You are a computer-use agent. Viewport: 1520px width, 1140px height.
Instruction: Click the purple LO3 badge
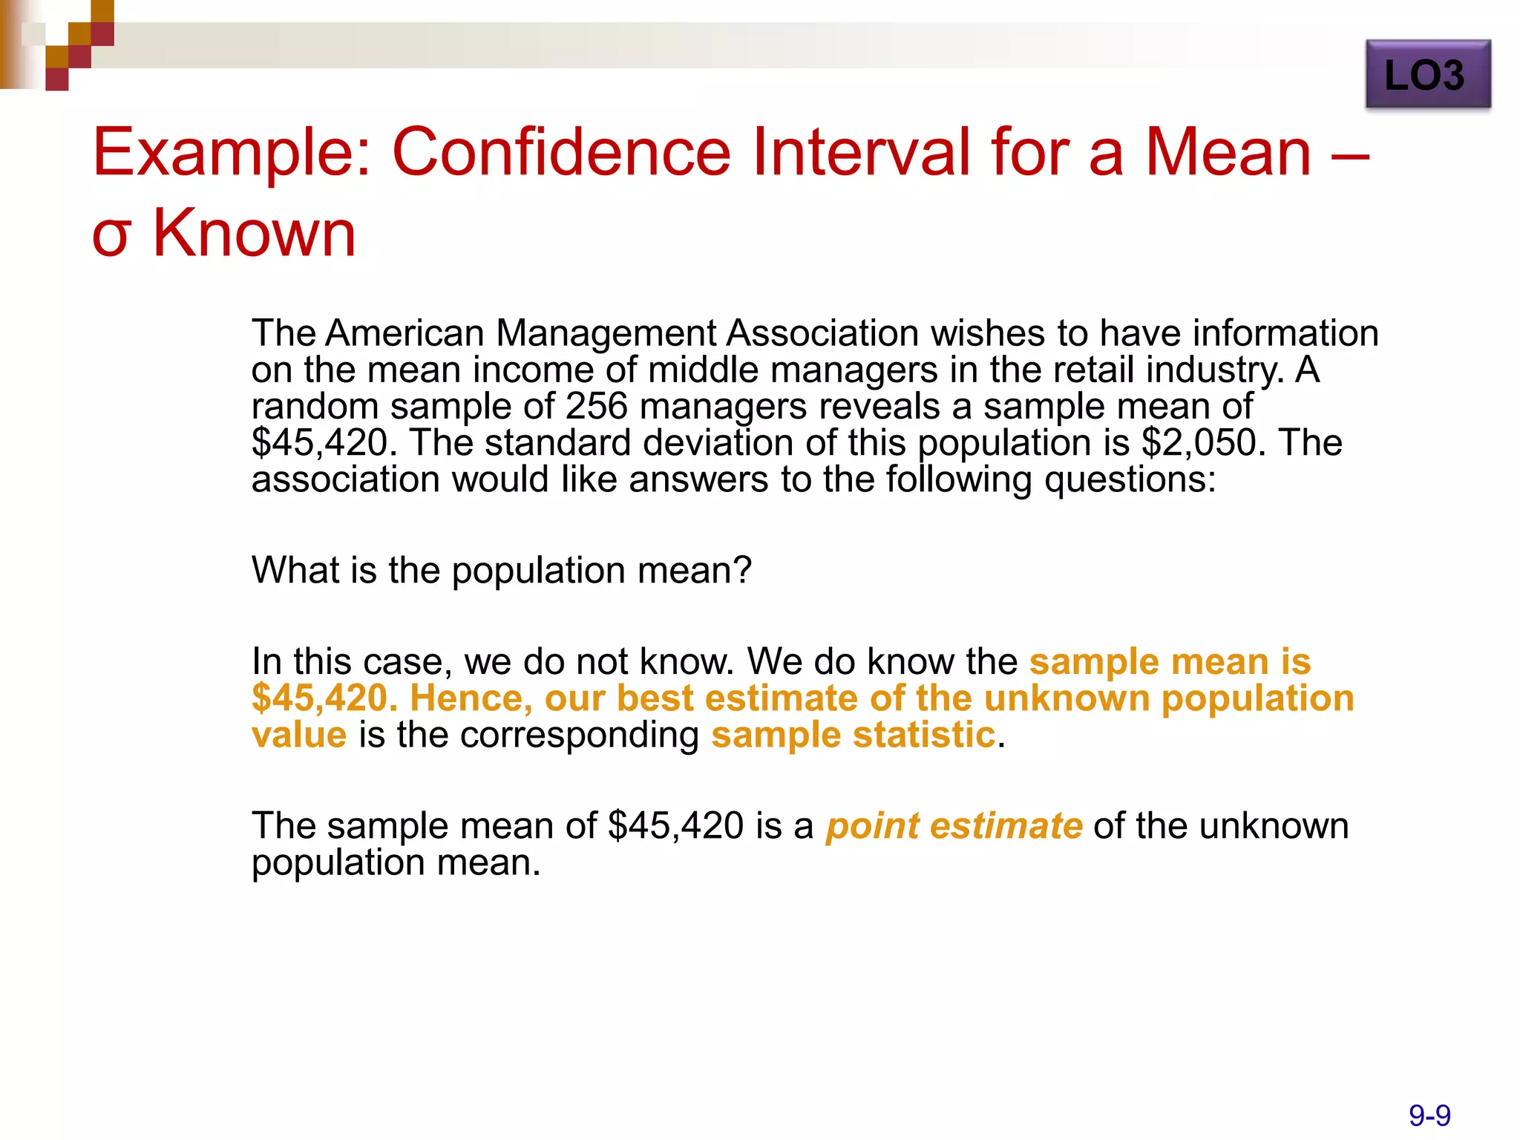click(1427, 74)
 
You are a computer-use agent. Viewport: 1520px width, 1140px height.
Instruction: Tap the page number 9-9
click(1429, 1116)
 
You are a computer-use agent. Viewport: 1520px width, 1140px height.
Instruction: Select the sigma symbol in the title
click(112, 235)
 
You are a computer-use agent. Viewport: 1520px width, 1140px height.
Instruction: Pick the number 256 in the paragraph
click(596, 406)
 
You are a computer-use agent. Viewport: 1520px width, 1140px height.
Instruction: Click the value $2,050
click(1200, 442)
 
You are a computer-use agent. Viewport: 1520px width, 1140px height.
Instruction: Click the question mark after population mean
click(743, 570)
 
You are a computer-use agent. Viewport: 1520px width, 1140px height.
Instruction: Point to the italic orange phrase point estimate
click(954, 826)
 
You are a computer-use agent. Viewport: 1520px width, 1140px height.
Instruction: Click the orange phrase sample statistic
click(853, 735)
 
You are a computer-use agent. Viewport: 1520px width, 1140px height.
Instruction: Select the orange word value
click(299, 735)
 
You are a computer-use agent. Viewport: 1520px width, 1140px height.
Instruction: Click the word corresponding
click(579, 736)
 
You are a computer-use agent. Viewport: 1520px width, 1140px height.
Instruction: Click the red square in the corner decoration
click(57, 79)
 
